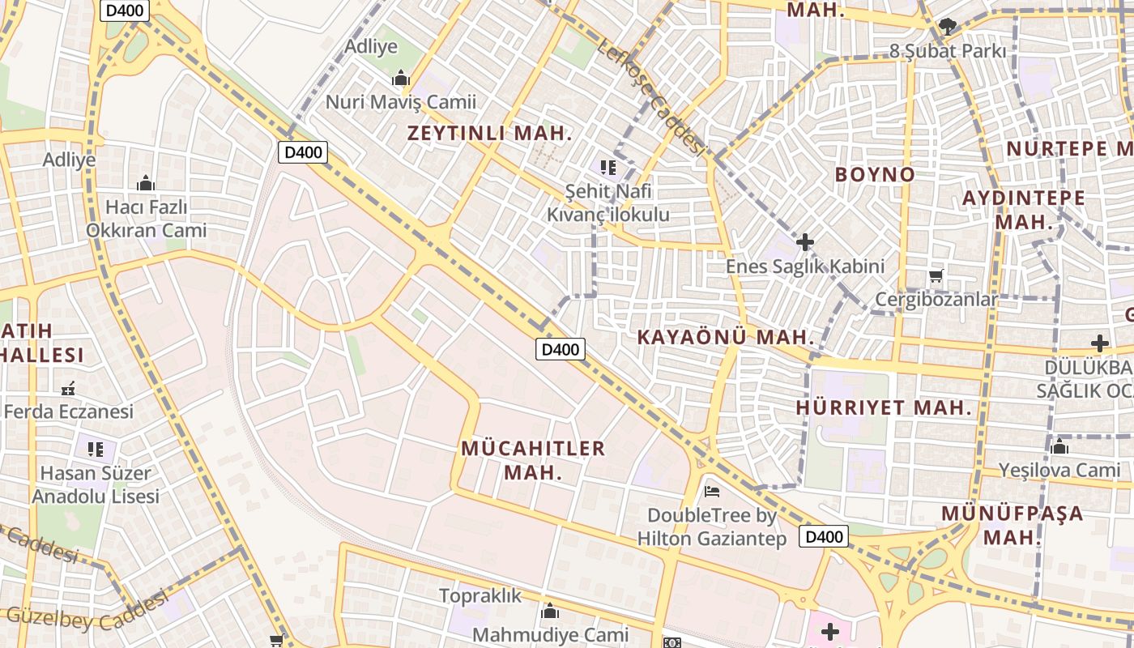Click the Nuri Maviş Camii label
[400, 102]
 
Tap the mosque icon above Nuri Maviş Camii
[400, 79]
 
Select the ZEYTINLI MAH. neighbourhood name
[489, 134]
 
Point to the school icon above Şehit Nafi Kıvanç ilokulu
[608, 168]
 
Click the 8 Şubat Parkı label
[948, 51]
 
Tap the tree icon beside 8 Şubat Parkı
[947, 27]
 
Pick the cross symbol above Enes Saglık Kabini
[804, 242]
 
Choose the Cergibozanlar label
[936, 300]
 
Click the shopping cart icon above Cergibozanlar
[936, 276]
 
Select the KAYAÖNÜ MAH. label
[725, 337]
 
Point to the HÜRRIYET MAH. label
[884, 407]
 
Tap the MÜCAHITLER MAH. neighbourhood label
[533, 459]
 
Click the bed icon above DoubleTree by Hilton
[711, 491]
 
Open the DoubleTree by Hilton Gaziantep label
[711, 526]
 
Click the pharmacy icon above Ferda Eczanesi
[68, 389]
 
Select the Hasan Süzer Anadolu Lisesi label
[96, 484]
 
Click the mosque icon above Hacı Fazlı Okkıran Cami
[146, 184]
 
